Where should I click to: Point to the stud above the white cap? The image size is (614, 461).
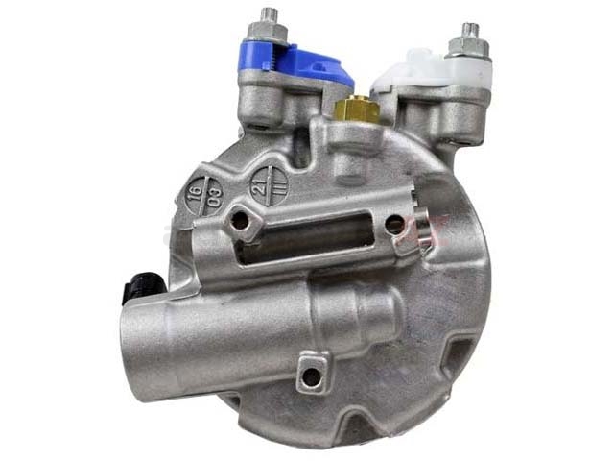[470, 31]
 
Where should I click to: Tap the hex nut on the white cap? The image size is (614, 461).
[468, 49]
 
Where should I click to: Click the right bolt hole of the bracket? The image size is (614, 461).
[394, 225]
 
